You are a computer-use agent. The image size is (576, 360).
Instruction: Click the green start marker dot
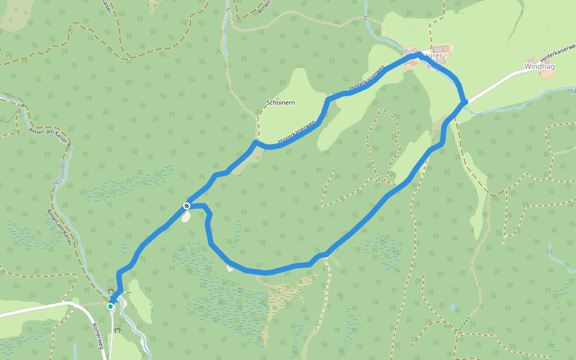click(x=110, y=307)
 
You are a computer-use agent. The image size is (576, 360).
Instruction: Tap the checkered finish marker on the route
click(x=187, y=206)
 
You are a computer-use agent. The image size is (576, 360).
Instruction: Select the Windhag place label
click(x=539, y=67)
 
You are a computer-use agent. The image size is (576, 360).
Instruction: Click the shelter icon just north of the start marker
click(x=112, y=292)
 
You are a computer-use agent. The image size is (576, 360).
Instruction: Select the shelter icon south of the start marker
click(x=117, y=329)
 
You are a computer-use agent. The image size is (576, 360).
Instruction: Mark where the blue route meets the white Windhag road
click(x=464, y=103)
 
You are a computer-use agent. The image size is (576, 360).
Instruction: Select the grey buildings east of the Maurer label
click(x=441, y=49)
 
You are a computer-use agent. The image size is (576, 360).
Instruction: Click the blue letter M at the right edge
click(x=573, y=92)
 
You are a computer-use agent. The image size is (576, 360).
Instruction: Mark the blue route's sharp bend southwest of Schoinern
click(x=256, y=143)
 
